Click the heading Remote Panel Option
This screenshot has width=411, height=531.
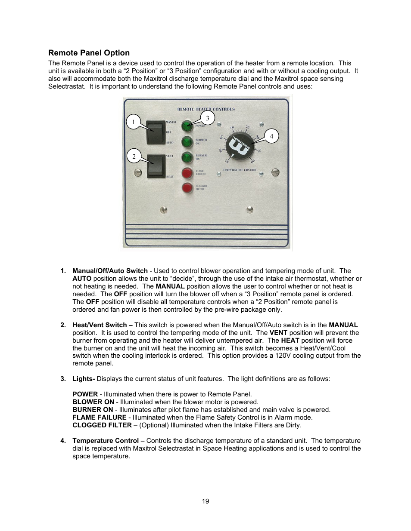point(89,53)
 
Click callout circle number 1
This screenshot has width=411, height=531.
point(134,122)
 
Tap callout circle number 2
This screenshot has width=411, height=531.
point(134,157)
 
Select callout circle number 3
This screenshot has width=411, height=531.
point(207,118)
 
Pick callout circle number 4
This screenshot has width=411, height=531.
point(271,136)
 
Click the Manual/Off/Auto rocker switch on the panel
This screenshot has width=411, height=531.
point(156,132)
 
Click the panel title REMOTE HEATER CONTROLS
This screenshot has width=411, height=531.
point(206,109)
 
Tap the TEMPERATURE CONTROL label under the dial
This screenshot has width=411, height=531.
point(240,170)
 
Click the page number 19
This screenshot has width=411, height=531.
point(205,501)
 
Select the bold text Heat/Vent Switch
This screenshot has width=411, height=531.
point(100,325)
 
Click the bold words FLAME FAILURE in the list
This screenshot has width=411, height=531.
point(99,417)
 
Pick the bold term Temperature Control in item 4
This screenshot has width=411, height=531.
point(106,441)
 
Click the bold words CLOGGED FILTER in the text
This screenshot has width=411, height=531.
point(102,425)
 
